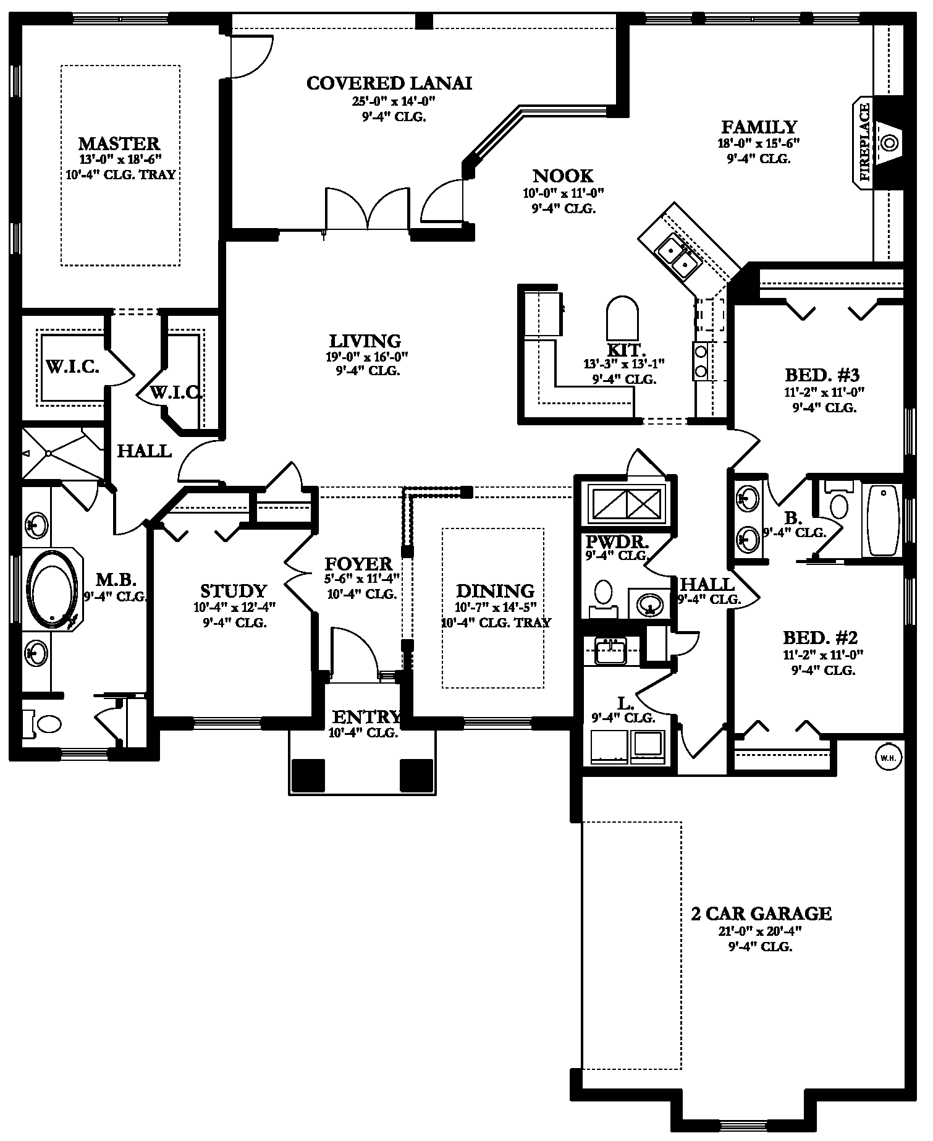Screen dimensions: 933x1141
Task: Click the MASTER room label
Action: pos(119,144)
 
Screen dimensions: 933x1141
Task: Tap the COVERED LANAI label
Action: pos(389,83)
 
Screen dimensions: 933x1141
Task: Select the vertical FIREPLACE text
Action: pos(864,142)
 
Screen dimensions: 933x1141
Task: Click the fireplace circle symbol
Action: pos(890,142)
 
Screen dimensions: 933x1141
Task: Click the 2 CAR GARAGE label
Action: pos(761,914)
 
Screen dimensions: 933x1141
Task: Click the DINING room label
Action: pos(495,591)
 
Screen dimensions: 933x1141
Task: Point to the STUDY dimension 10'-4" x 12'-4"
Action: pos(234,607)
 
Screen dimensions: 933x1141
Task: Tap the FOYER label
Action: pos(359,564)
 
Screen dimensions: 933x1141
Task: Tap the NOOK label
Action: pos(564,176)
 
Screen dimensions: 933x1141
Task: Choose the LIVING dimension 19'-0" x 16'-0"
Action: pos(365,357)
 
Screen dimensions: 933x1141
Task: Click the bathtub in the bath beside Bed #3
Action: pos(882,520)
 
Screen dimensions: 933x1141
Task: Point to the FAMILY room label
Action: pos(759,127)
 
